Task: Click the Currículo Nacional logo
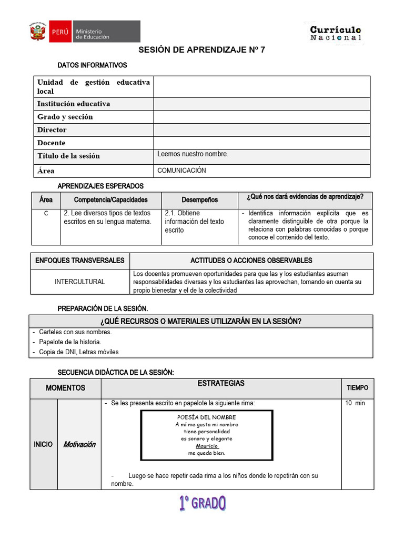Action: (336, 33)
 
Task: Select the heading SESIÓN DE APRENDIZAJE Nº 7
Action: (202, 50)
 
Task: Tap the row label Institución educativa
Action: (74, 104)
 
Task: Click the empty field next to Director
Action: (261, 129)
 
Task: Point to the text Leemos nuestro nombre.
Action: (193, 154)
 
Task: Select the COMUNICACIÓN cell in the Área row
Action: (181, 171)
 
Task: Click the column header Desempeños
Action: (199, 200)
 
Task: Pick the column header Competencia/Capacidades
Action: (110, 200)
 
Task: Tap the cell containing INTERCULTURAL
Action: (80, 282)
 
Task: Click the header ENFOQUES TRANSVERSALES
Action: (80, 261)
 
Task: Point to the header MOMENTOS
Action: (65, 388)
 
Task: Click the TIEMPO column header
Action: (358, 388)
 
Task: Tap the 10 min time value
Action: (355, 403)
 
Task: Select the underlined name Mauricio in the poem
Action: (207, 446)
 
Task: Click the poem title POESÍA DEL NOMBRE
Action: (207, 417)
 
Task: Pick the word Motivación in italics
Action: (79, 444)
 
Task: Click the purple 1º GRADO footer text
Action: (202, 504)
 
